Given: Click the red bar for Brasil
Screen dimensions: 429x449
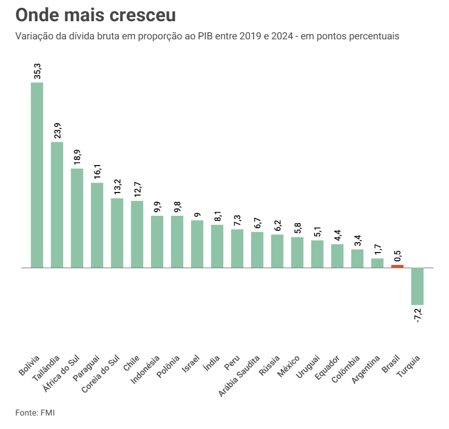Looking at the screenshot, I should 397,267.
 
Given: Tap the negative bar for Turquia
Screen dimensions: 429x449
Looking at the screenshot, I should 417,286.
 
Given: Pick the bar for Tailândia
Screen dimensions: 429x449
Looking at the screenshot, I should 57,205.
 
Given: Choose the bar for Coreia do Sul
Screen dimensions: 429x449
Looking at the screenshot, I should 117,233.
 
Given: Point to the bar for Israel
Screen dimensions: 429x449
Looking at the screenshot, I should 197,244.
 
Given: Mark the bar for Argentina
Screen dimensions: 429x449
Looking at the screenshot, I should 377,263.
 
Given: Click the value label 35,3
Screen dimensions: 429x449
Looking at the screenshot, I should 37,71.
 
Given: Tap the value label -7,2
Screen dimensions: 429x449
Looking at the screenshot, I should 418,315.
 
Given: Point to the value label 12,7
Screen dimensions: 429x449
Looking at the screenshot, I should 137,190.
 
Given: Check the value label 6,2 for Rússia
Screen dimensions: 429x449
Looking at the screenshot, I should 277,225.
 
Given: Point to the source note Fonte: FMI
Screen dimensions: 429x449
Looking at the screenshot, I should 35,413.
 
